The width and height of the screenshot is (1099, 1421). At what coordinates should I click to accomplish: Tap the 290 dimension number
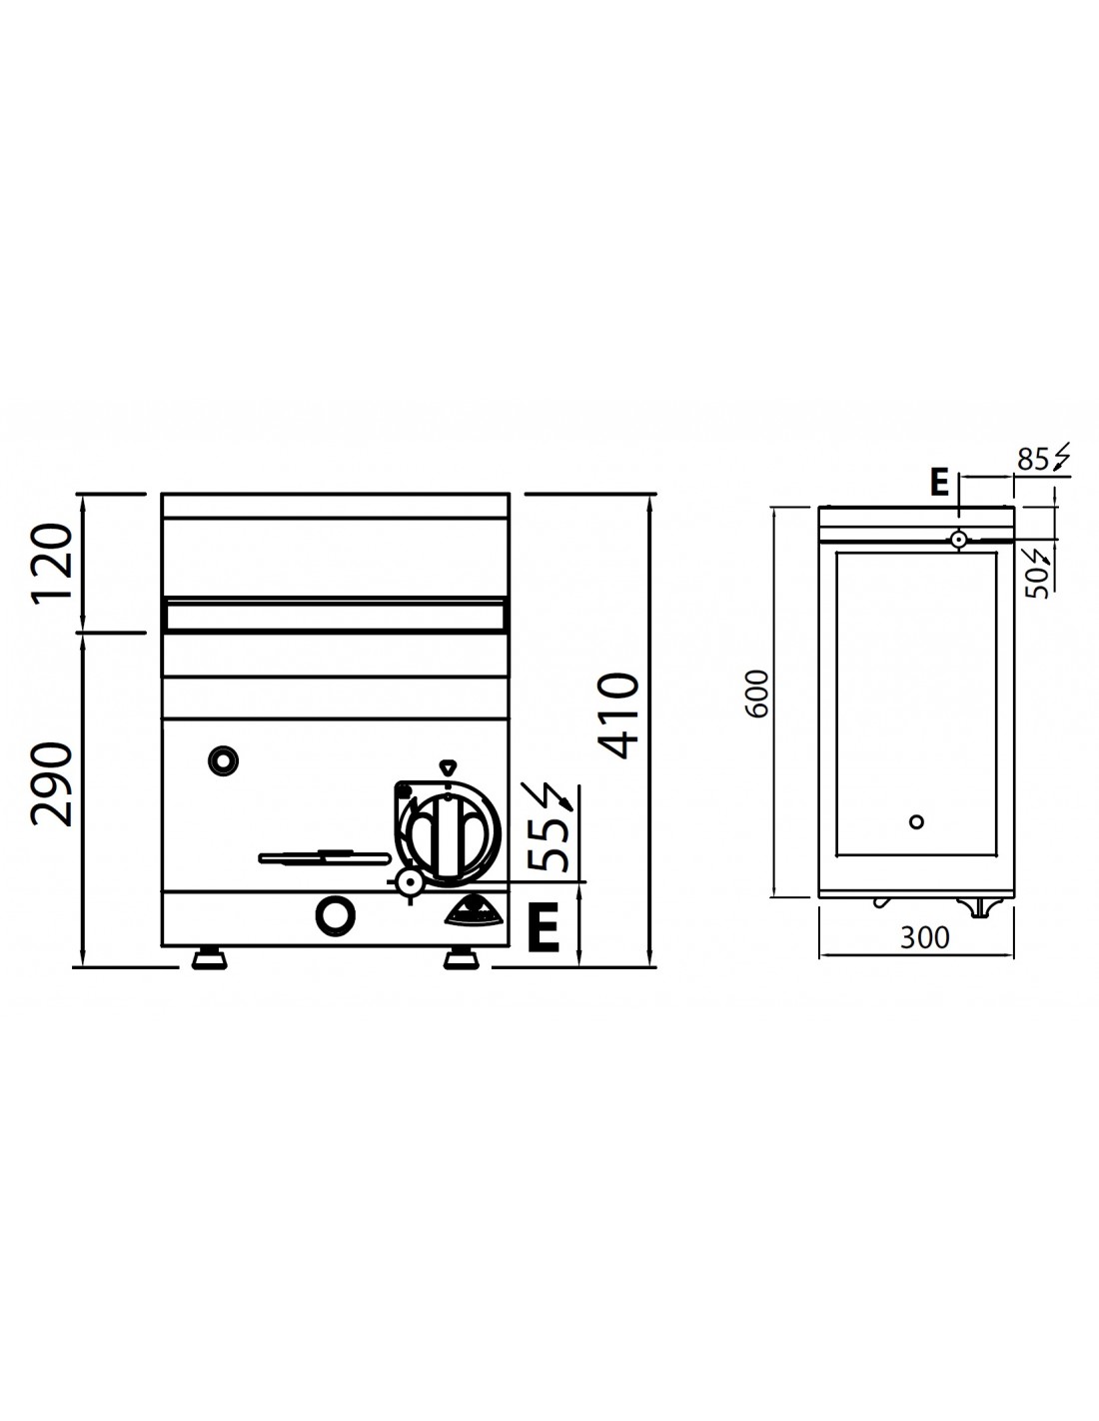coord(52,783)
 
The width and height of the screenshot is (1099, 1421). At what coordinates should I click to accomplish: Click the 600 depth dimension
coord(758,694)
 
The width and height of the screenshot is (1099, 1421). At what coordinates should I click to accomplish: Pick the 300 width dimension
coord(924,937)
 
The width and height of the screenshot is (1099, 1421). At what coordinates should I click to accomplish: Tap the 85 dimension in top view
coord(1033,461)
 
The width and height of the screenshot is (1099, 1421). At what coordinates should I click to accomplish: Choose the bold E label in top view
coord(939,484)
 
